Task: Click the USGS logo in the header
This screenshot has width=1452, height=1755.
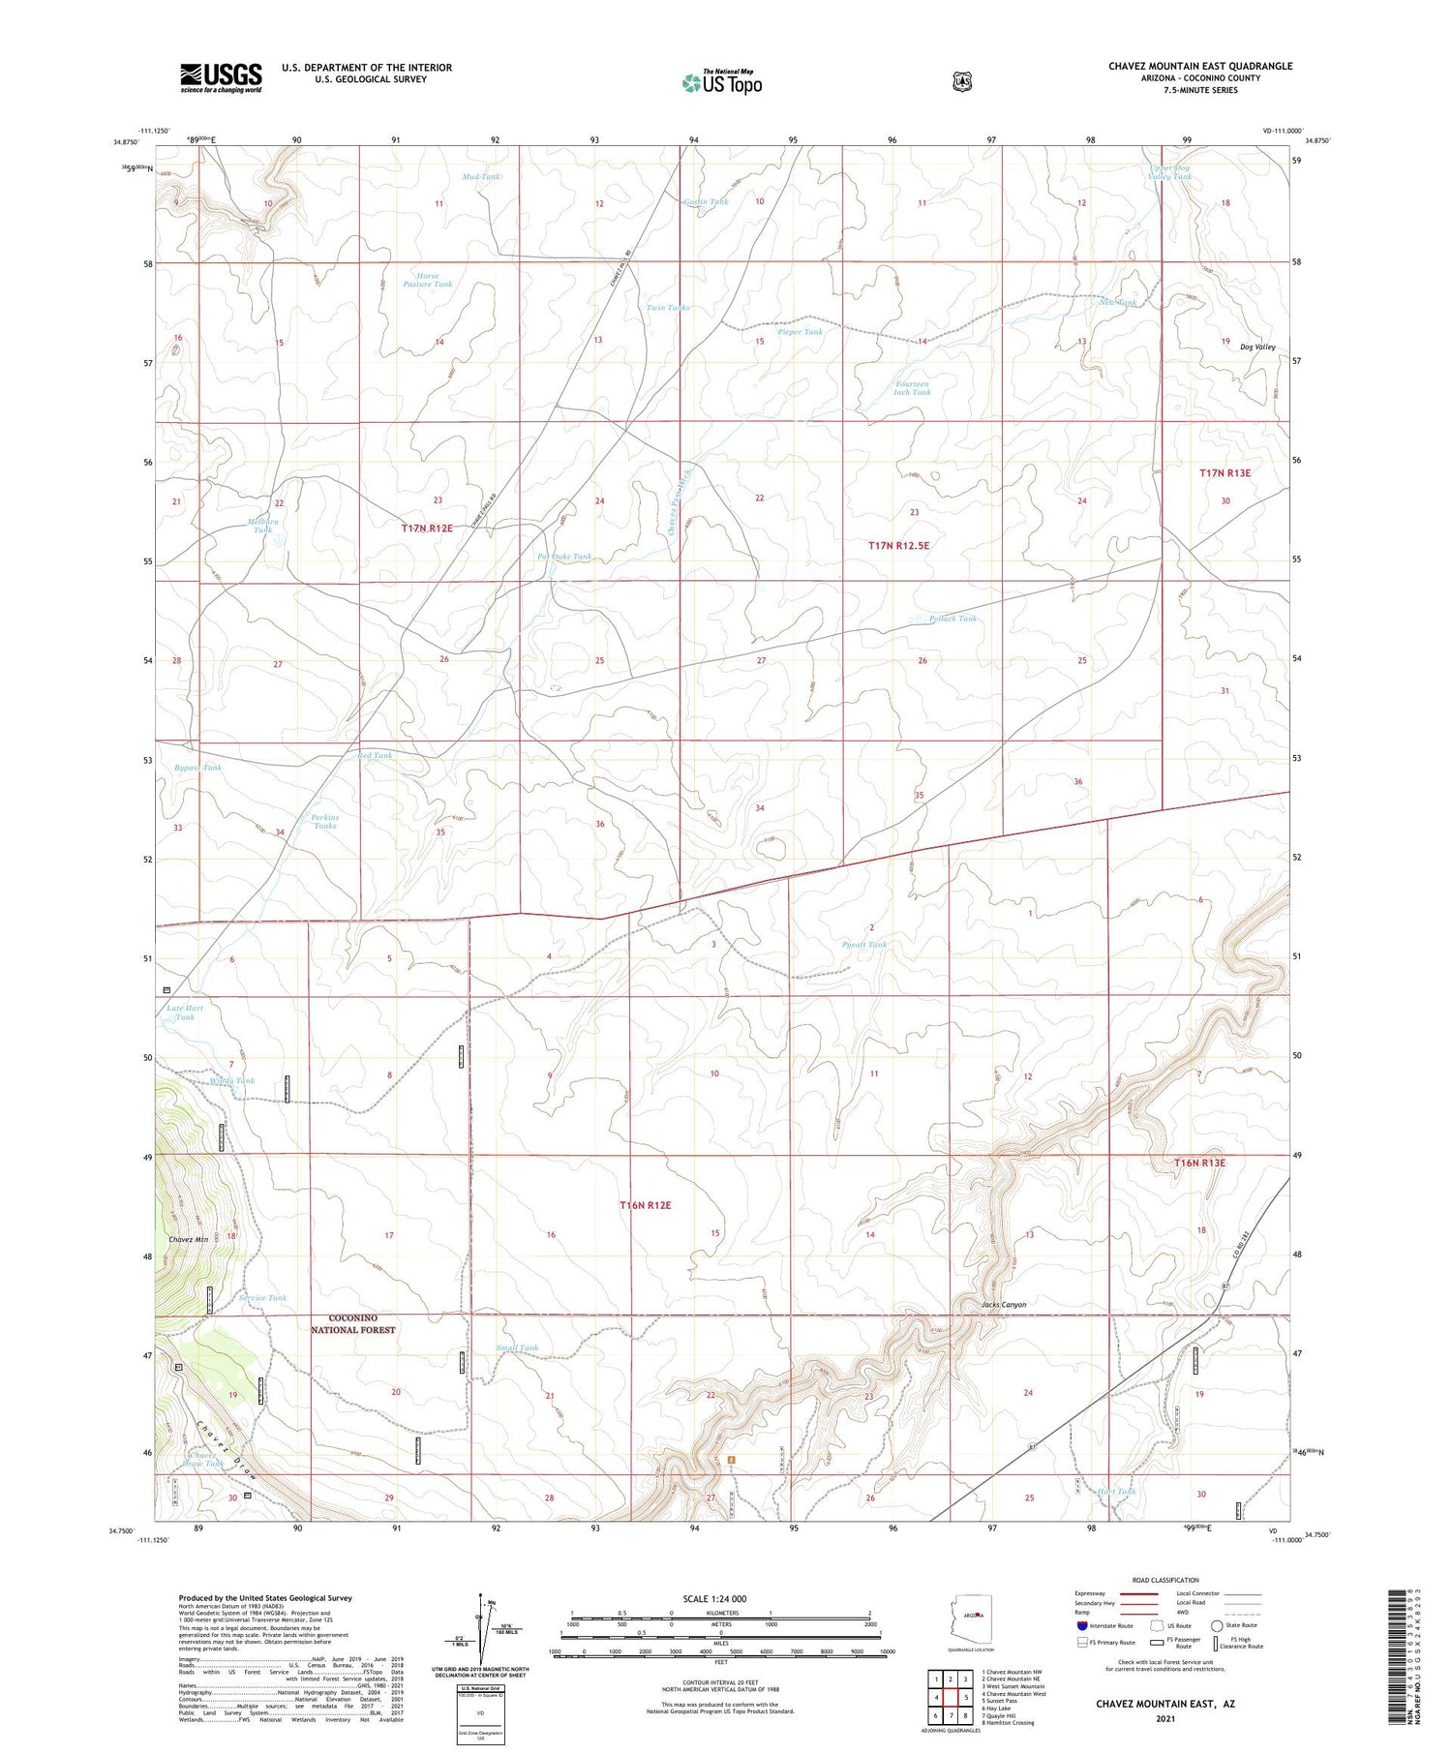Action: [x=221, y=77]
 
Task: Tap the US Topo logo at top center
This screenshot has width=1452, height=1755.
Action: [x=721, y=82]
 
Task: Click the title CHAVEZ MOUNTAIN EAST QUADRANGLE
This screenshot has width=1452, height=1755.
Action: [x=1199, y=66]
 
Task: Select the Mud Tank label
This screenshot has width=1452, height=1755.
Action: [x=481, y=177]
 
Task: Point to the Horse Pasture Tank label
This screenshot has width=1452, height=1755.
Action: [x=427, y=280]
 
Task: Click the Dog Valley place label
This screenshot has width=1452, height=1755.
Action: [x=1257, y=347]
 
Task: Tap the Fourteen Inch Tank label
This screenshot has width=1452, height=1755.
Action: [x=912, y=388]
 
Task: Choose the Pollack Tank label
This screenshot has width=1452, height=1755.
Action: [x=953, y=618]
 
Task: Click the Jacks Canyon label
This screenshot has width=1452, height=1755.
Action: [x=1003, y=1304]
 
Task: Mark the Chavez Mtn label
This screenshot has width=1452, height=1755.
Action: [x=188, y=1239]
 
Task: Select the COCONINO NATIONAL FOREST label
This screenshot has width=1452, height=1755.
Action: [x=352, y=1324]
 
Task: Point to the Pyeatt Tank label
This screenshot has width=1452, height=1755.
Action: [x=864, y=944]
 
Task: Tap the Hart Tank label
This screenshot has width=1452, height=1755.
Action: [x=1117, y=1491]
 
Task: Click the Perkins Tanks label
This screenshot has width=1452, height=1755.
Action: [x=325, y=821]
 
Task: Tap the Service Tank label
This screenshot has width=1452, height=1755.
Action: [x=262, y=1298]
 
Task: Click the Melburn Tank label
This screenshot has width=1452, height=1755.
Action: [x=263, y=526]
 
